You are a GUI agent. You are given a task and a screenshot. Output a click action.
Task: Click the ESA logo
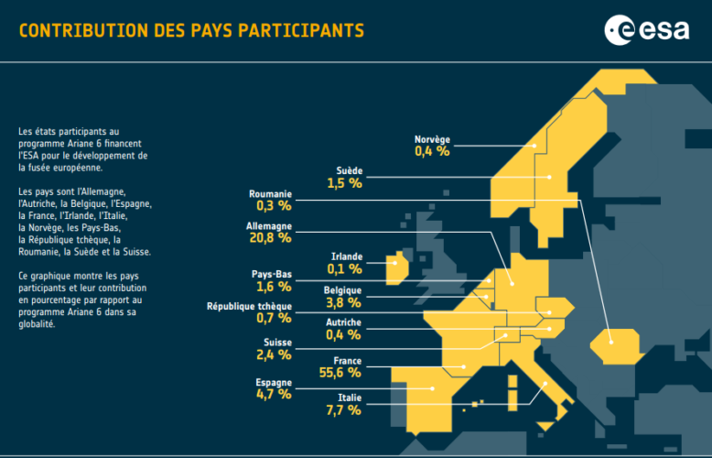click(x=646, y=30)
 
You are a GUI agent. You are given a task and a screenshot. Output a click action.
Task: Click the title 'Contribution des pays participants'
click(x=191, y=31)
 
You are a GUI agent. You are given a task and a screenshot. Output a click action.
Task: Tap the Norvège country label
click(x=432, y=140)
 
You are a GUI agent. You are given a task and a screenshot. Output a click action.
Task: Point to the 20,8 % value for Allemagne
click(x=269, y=238)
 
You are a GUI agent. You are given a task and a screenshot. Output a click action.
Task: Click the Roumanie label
click(x=270, y=194)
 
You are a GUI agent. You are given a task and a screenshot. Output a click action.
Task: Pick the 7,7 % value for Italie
click(x=342, y=410)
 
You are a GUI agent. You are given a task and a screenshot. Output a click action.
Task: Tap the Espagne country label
click(x=273, y=381)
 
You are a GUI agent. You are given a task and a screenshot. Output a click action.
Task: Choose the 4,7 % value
click(x=273, y=394)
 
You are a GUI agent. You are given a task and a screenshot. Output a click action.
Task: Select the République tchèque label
click(x=249, y=305)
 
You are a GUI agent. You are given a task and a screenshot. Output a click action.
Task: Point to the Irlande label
click(x=346, y=256)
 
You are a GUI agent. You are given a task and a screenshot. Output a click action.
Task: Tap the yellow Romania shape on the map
click(x=613, y=344)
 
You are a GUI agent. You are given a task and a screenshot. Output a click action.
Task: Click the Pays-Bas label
click(x=272, y=274)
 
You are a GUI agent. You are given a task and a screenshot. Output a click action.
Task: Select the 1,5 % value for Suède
click(x=344, y=183)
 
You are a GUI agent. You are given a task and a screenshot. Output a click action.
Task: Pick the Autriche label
click(x=343, y=322)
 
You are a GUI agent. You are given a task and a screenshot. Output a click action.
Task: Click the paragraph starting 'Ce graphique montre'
click(x=79, y=300)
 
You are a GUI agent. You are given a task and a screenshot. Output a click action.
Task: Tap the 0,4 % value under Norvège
click(x=432, y=152)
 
